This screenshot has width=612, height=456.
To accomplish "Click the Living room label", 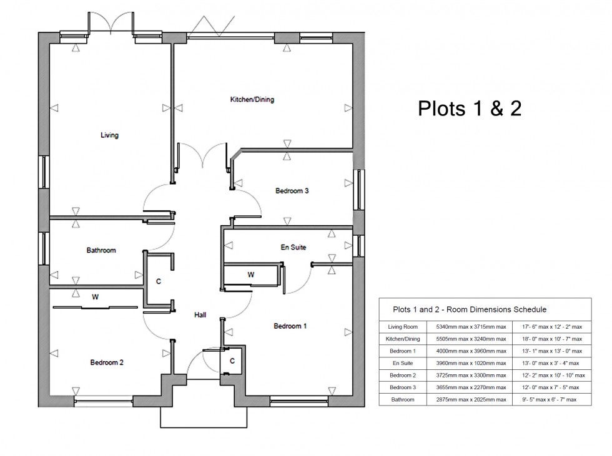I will pyautogui.click(x=109, y=135).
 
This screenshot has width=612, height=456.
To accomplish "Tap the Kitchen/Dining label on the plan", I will pyautogui.click(x=252, y=100).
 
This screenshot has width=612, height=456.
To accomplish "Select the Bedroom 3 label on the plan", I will pyautogui.click(x=292, y=191).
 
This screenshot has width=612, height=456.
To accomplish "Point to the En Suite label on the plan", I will pyautogui.click(x=294, y=248).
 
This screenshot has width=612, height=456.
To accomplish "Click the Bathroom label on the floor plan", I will pyautogui.click(x=101, y=251).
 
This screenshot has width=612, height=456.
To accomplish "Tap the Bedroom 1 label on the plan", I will pyautogui.click(x=290, y=326).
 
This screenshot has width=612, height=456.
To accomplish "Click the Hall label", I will pyautogui.click(x=200, y=316).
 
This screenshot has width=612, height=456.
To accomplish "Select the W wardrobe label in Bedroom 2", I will pyautogui.click(x=95, y=298).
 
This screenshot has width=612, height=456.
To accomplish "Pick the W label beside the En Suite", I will pyautogui.click(x=251, y=274).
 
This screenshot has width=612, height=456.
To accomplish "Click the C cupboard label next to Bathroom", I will pyautogui.click(x=159, y=282).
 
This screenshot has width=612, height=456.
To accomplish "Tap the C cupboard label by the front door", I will pyautogui.click(x=232, y=361).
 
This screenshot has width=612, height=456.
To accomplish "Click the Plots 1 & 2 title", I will pyautogui.click(x=469, y=109).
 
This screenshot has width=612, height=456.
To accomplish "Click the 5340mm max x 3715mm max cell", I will pyautogui.click(x=466, y=326).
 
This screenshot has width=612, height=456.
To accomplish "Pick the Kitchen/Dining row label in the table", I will pyautogui.click(x=403, y=339).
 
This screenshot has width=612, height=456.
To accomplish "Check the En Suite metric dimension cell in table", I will pyautogui.click(x=466, y=363).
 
